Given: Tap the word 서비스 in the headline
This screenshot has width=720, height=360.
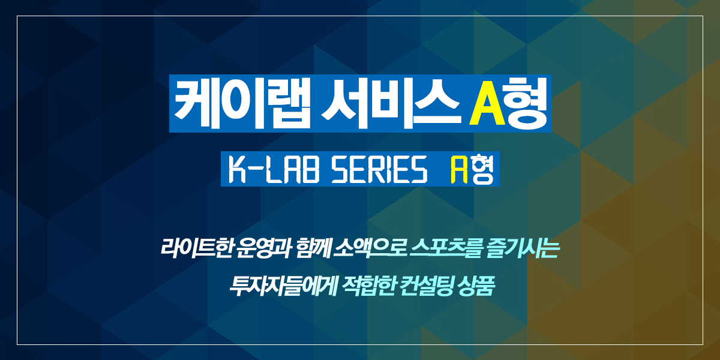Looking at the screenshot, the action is (390, 103).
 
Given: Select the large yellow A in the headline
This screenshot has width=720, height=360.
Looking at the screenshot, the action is (487, 103).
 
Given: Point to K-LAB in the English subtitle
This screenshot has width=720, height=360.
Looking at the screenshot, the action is (274, 169).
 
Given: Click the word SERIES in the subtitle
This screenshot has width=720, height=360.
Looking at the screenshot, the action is (380, 169).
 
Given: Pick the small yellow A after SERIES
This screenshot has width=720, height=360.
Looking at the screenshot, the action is (460, 169).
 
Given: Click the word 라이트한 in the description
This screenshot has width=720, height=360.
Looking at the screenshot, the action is (196, 248).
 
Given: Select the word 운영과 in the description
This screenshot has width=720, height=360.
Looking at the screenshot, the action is (263, 248).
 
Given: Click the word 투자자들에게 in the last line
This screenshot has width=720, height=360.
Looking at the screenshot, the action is (283, 286).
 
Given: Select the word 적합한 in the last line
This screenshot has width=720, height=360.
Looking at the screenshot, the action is (368, 286).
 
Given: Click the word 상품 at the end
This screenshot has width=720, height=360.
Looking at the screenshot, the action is (476, 286).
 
